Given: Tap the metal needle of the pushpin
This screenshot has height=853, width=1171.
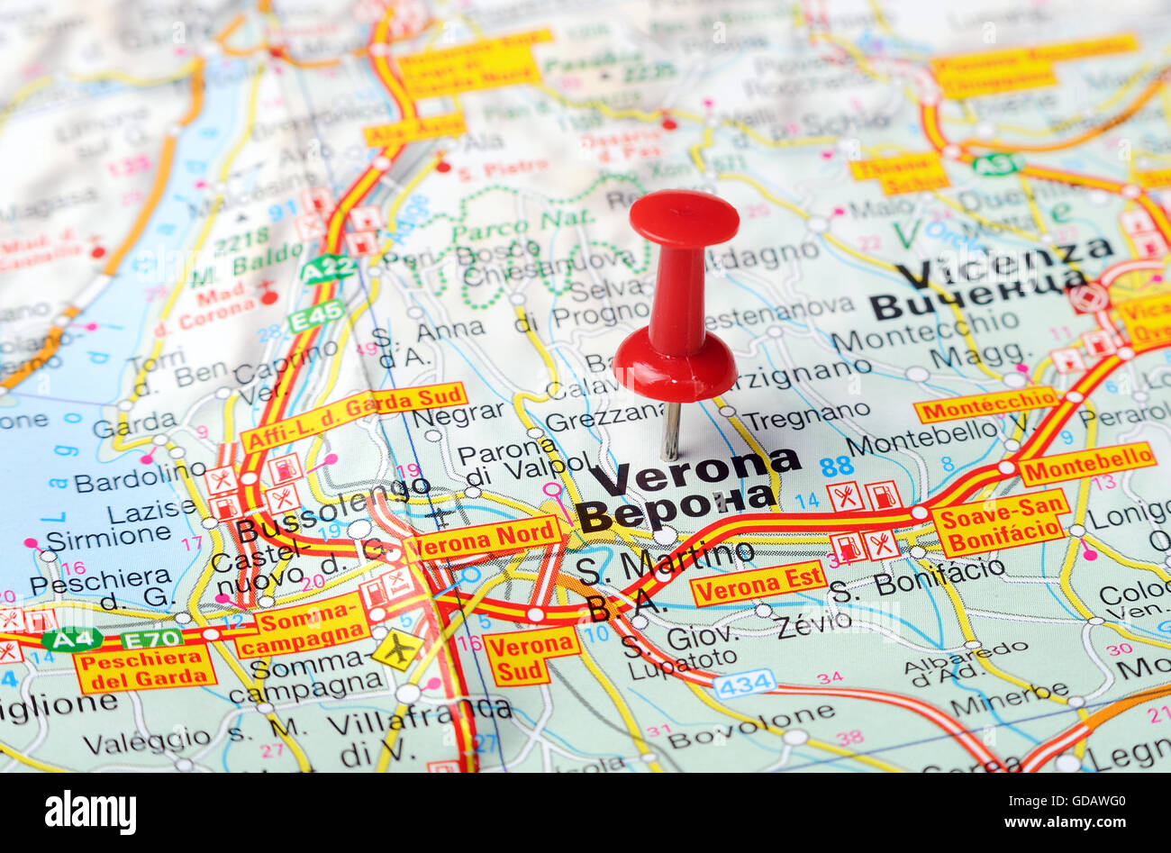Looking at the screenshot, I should point(671,430).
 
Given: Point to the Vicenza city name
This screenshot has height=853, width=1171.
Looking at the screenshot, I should point(1004,260).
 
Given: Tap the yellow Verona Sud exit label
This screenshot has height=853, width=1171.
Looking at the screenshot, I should point(531,655).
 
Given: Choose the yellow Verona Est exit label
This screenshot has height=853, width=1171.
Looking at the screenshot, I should point(758,583).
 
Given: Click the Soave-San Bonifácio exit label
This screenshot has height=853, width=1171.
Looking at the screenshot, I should point(1000,522).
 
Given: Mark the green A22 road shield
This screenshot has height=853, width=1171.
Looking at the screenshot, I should point(327,269).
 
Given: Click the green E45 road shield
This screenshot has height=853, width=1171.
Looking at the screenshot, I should point(316,315).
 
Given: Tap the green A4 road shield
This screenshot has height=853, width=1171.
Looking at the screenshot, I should point(71,639).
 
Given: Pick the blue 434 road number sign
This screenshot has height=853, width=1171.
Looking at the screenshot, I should point(745,683).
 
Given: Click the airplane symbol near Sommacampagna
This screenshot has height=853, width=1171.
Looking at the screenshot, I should point(396,649).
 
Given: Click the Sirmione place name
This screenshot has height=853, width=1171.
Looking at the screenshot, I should point(108,537).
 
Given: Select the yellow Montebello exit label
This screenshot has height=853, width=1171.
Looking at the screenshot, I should point(1087,463).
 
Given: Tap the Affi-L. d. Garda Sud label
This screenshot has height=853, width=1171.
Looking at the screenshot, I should point(353,416).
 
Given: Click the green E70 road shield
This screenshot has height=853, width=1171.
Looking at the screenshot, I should point(151,638).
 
